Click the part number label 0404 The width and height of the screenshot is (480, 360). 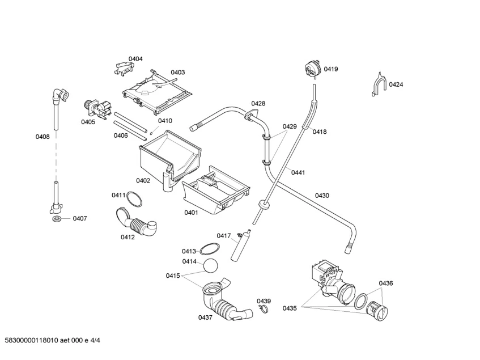135,59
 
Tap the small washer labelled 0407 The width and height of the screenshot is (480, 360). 57,218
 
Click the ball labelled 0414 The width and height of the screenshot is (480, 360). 211,265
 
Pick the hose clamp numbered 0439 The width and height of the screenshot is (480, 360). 262,308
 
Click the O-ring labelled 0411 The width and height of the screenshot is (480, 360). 134,199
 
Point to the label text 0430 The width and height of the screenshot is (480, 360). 322,196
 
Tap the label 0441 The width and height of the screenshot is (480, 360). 299,172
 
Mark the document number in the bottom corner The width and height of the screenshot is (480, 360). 56,340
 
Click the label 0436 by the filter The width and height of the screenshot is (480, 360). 386,283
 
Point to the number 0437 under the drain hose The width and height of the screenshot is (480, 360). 205,317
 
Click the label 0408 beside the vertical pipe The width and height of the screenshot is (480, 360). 42,136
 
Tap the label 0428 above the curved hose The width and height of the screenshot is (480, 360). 258,103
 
